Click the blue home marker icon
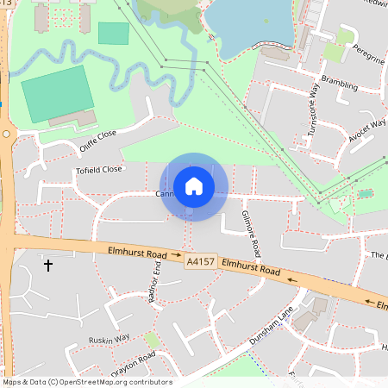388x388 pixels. click(194, 185)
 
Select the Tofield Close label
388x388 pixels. click(99, 170)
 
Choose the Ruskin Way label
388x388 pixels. click(109, 339)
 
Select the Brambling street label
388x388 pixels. click(339, 82)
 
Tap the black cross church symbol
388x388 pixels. click(47, 266)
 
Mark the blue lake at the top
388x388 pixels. click(250, 26)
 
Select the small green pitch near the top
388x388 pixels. click(113, 34)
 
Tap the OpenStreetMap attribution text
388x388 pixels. click(87, 382)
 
